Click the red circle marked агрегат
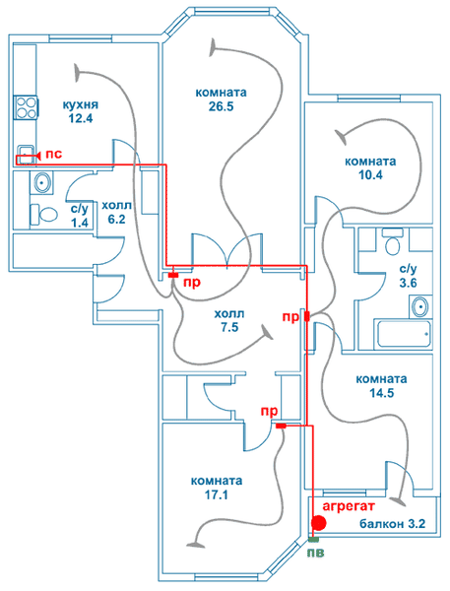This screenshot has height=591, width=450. pyautogui.click(x=319, y=522)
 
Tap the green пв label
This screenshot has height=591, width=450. pyautogui.click(x=315, y=553)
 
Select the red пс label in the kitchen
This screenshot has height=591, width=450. pyautogui.click(x=53, y=154)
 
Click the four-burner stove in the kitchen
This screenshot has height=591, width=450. pyautogui.click(x=26, y=107)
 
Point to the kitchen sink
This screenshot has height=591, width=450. pyautogui.click(x=26, y=155)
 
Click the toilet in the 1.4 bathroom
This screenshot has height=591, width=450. pyautogui.click(x=43, y=214)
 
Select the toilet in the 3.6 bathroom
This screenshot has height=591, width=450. pyautogui.click(x=392, y=241)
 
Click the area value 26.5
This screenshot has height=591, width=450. pyautogui.click(x=222, y=106)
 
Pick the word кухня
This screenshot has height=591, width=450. pyautogui.click(x=81, y=104)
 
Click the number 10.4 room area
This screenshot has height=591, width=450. pyautogui.click(x=370, y=175)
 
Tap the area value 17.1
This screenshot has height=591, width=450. pyautogui.click(x=217, y=494)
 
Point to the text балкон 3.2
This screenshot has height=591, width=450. pyautogui.click(x=392, y=524)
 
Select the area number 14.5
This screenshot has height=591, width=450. pyautogui.click(x=381, y=393)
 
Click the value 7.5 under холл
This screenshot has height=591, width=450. pyautogui.click(x=229, y=327)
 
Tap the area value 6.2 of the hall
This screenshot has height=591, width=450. pyautogui.click(x=116, y=219)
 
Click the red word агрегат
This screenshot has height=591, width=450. pyautogui.click(x=349, y=506)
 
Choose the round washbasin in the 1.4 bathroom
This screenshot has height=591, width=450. pyautogui.click(x=41, y=182)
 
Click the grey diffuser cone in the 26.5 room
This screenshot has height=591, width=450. pyautogui.click(x=214, y=48)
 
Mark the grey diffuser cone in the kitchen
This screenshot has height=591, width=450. pyautogui.click(x=78, y=73)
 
